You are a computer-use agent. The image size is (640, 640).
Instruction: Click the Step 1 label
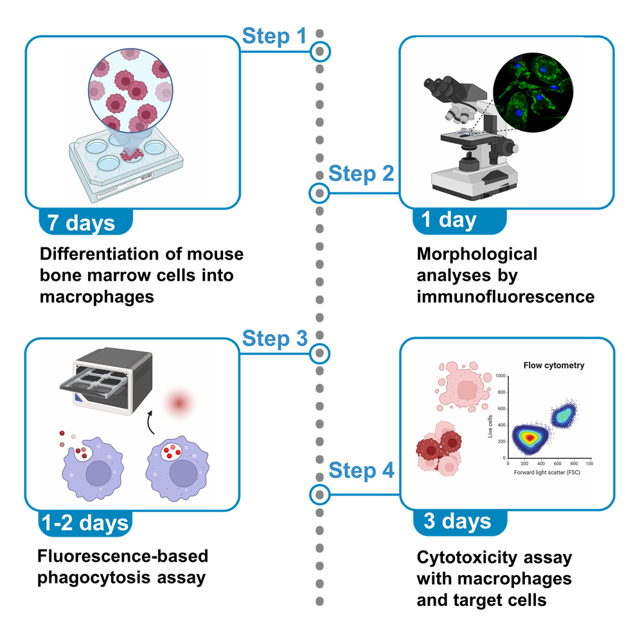pyautogui.click(x=274, y=36)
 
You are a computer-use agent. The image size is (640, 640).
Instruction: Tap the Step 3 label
pyautogui.click(x=274, y=338)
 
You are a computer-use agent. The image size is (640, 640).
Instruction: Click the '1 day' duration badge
pyautogui.click(x=449, y=220)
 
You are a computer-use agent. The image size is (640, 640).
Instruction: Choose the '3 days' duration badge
pyautogui.click(x=457, y=521)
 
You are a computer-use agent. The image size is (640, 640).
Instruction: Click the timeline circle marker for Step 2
pyautogui.click(x=319, y=192)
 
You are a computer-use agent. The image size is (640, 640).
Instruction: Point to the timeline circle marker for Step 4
pyautogui.click(x=319, y=494)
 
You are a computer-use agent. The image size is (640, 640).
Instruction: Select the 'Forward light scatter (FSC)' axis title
pyautogui.click(x=549, y=472)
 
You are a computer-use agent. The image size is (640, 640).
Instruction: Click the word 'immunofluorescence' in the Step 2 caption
pyautogui.click(x=505, y=297)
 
